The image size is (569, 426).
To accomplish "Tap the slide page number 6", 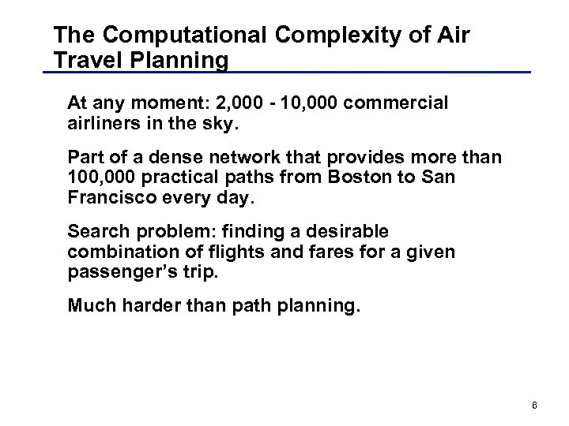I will pyautogui.click(x=534, y=405).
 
